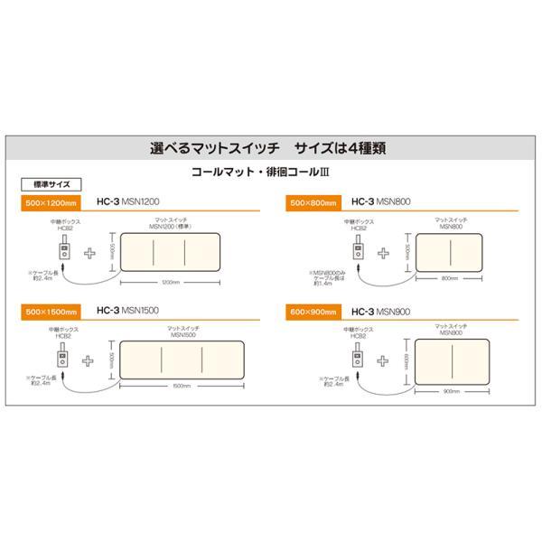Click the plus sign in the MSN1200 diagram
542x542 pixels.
click(x=89, y=251)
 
